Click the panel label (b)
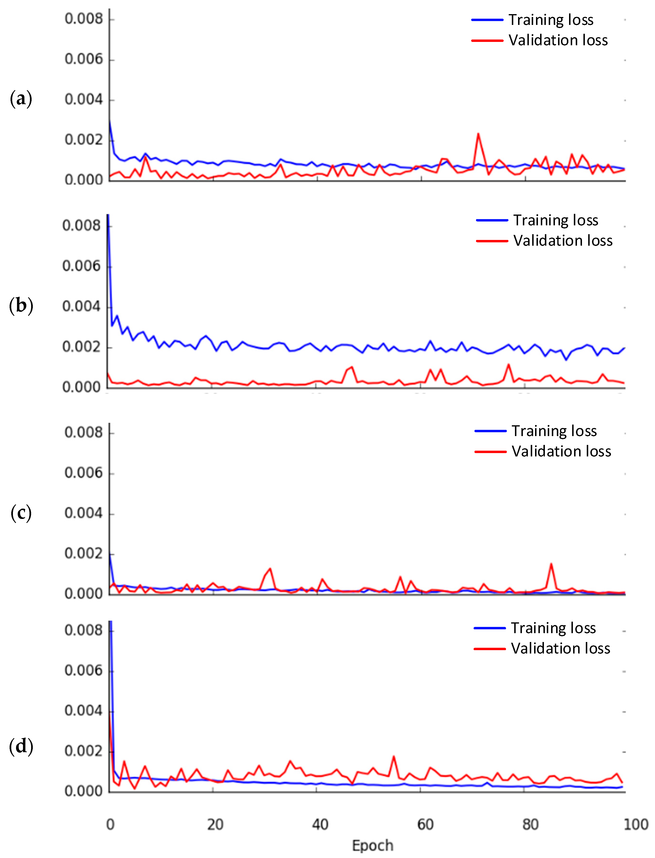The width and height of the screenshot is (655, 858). click(x=21, y=305)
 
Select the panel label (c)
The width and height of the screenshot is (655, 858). click(x=21, y=513)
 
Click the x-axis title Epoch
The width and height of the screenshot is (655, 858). click(x=372, y=846)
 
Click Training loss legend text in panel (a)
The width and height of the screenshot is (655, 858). click(x=551, y=19)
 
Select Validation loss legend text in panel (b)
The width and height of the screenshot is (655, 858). click(x=563, y=241)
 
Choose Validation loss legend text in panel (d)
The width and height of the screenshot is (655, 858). click(x=560, y=648)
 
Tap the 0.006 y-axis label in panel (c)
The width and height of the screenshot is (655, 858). click(x=84, y=473)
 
